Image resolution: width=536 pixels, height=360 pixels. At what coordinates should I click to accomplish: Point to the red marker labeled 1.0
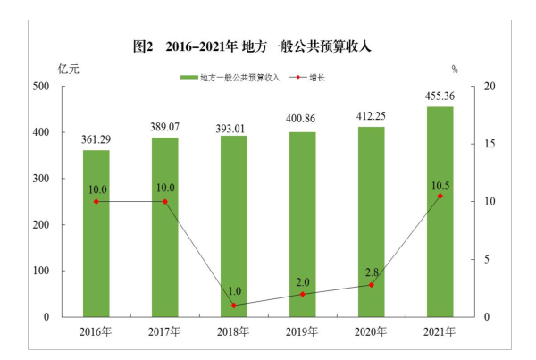click(233, 306)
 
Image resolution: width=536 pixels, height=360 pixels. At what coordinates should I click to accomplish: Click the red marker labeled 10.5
click(440, 196)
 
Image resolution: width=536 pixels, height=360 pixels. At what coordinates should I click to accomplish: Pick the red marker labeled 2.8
click(371, 285)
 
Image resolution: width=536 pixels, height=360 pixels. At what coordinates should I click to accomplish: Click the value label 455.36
click(440, 96)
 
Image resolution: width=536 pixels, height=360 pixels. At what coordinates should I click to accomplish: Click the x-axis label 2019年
click(302, 332)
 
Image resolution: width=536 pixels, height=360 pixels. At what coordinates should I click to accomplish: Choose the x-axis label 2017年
click(164, 332)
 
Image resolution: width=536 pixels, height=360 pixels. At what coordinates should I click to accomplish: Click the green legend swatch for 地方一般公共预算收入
click(188, 78)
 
